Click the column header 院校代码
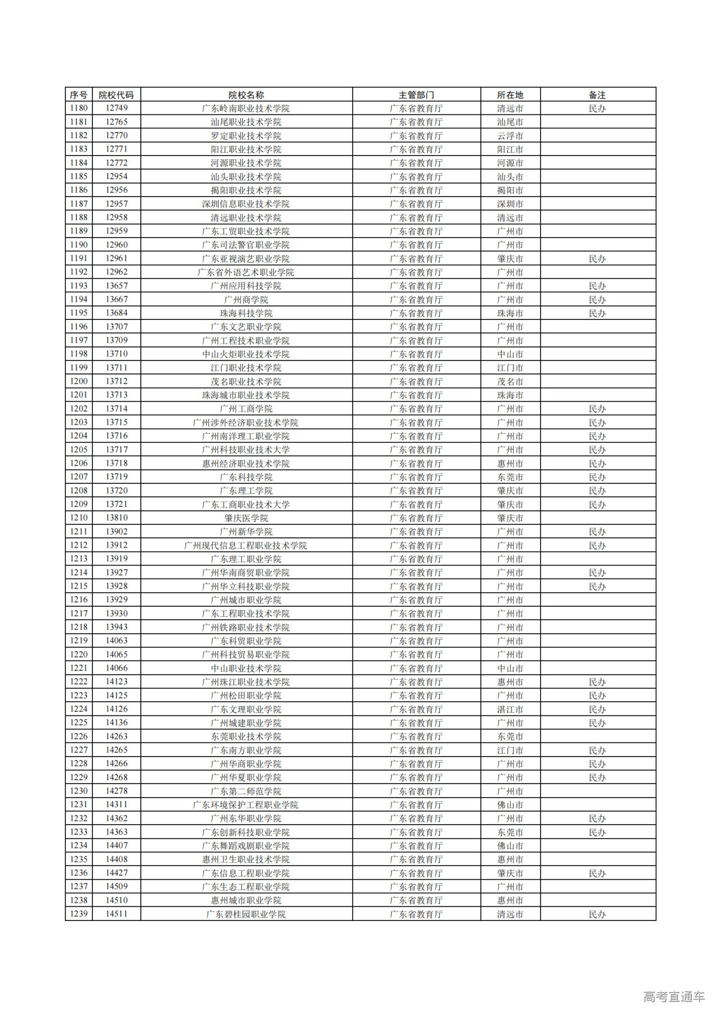click(x=116, y=95)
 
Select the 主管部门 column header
click(x=416, y=95)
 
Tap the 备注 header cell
click(x=597, y=95)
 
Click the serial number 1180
click(x=79, y=108)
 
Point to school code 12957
click(x=117, y=204)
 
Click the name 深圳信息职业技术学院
click(x=246, y=204)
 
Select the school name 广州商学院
click(x=246, y=300)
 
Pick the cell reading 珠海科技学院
click(x=246, y=313)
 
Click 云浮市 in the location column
click(x=510, y=136)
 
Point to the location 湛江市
click(x=510, y=709)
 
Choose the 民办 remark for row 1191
click(x=597, y=259)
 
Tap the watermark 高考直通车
click(x=674, y=996)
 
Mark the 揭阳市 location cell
click(x=510, y=190)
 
